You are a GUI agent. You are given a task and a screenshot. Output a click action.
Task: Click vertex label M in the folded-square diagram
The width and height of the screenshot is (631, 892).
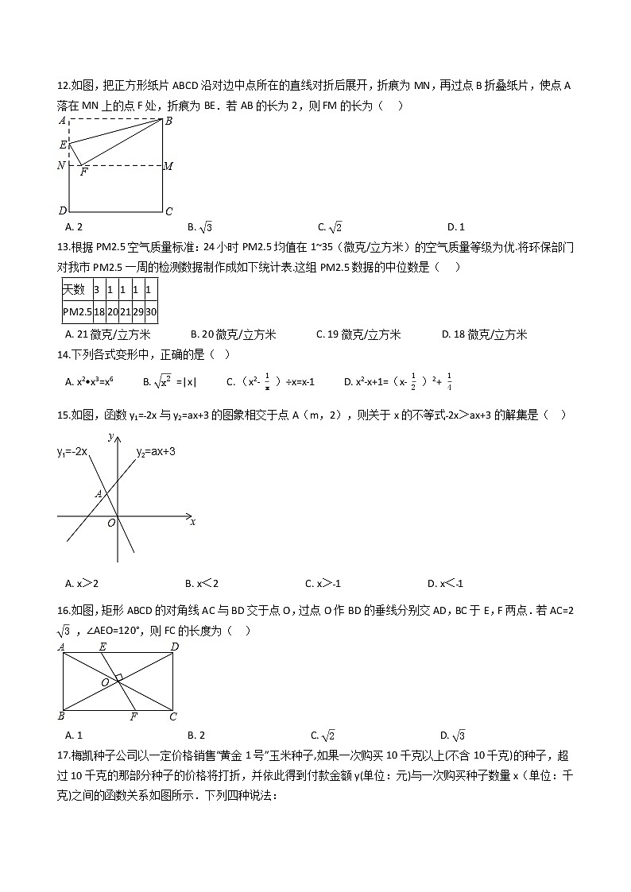[x=168, y=166]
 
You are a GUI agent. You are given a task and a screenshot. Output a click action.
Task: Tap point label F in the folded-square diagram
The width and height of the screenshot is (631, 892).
[x=83, y=172]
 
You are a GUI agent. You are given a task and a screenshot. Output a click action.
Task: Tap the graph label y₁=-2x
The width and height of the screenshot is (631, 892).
[x=72, y=452]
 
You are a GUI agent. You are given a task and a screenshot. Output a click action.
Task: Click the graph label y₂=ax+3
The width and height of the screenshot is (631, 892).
[x=156, y=451]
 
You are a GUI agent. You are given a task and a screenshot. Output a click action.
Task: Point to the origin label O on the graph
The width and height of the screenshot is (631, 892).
[x=111, y=523]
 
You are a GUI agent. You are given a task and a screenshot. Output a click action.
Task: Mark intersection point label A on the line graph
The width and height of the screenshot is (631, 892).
[x=98, y=494]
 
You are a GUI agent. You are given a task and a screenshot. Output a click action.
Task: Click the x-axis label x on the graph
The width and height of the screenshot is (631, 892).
[x=192, y=522]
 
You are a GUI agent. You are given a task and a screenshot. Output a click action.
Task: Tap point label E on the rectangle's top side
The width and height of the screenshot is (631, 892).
[x=103, y=647]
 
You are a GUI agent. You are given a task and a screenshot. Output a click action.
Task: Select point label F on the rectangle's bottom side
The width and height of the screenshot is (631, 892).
[x=134, y=716]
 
